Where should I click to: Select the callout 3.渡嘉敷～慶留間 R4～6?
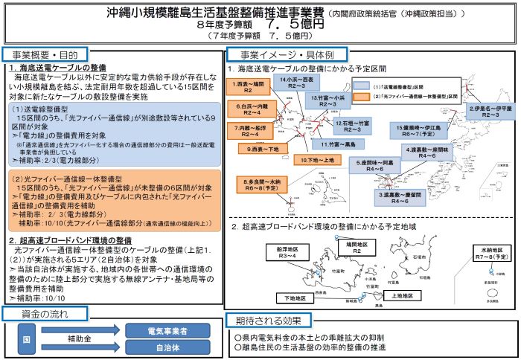tap(403, 197)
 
